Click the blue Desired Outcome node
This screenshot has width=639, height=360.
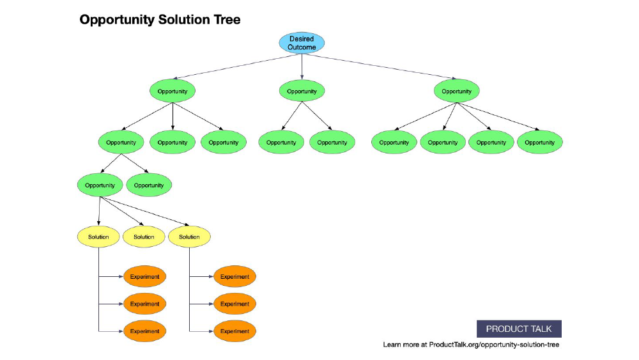coord(302,43)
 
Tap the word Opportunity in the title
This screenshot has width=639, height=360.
coord(117,20)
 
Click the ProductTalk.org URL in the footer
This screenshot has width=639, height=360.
coord(494,345)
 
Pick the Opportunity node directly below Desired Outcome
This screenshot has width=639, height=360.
coord(302,91)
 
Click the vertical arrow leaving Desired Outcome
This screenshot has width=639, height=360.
coord(302,67)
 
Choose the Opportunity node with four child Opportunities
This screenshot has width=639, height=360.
coord(456,91)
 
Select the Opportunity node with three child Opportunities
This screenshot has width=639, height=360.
coord(173,91)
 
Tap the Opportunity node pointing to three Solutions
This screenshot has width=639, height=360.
coord(100,185)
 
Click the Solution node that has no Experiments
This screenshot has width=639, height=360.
coord(144,237)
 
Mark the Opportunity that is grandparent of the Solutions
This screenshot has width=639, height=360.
coord(121,143)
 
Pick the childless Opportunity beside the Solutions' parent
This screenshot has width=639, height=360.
coord(149,185)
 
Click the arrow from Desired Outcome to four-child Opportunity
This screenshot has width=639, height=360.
coord(380,66)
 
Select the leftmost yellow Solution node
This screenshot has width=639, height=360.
coord(98,237)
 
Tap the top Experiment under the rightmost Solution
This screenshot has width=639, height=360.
coord(235,276)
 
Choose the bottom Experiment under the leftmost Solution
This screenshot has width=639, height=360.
coord(144,331)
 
